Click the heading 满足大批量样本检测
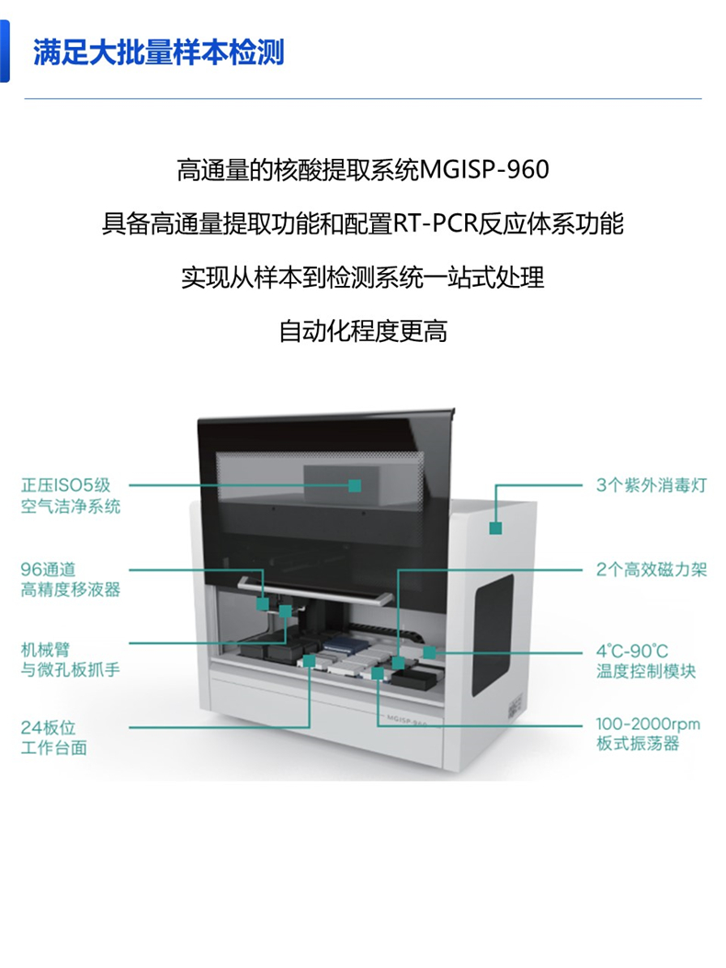159,52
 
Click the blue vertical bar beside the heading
5,51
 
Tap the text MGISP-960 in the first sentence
484,170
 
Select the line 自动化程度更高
363,332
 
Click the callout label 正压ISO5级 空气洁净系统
71,495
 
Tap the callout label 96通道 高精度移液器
71,579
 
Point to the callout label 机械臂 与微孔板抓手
71,659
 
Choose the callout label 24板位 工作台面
53,738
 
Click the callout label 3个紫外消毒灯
652,485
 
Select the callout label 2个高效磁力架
652,569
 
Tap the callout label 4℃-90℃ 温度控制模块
646,661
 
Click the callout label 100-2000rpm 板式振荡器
648,734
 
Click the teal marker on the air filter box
355,486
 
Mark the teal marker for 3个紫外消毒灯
495,529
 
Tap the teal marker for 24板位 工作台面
310,661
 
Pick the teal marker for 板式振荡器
377,673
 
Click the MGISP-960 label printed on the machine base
407,720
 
